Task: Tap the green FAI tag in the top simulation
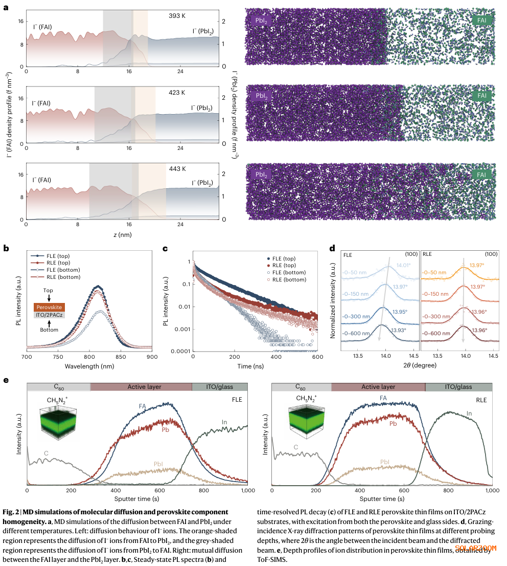pyautogui.click(x=482, y=20)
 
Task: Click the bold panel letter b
pyautogui.click(x=6, y=249)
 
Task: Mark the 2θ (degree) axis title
pyautogui.click(x=418, y=366)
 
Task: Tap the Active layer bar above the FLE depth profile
pyautogui.click(x=141, y=387)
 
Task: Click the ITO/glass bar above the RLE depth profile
pyautogui.click(x=458, y=387)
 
